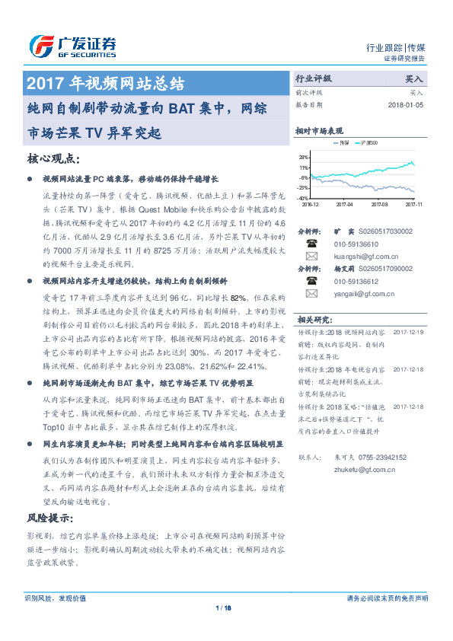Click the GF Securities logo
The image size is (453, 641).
coord(72,46)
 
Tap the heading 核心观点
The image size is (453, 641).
coord(53,158)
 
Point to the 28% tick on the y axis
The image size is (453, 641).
coord(303,157)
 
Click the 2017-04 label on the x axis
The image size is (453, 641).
coord(345,204)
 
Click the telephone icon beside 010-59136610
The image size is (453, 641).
coord(311,244)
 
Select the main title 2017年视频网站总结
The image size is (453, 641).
coord(105,82)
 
